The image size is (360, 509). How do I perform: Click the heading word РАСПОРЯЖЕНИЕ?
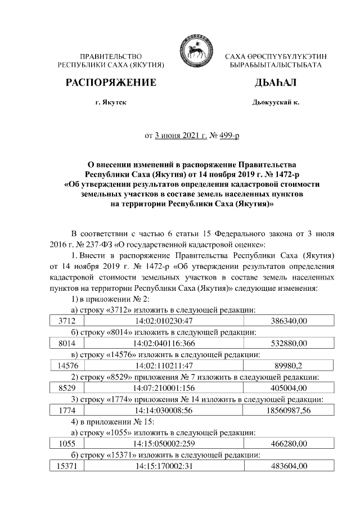click(x=111, y=83)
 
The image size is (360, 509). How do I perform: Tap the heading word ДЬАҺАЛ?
click(x=275, y=83)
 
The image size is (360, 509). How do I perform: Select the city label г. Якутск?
click(x=111, y=103)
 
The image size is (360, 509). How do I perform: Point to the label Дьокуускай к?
click(x=276, y=103)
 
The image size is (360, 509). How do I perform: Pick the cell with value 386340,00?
click(x=289, y=321)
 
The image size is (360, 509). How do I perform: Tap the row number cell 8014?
click(x=66, y=343)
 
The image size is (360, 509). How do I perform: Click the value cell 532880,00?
click(x=289, y=343)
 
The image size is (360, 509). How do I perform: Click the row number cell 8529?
click(x=66, y=388)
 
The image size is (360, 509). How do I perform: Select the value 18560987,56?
click(x=289, y=411)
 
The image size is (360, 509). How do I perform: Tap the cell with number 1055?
click(x=66, y=444)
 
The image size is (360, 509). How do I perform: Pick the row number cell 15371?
click(x=66, y=466)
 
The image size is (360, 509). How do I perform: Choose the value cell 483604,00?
click(x=289, y=466)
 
